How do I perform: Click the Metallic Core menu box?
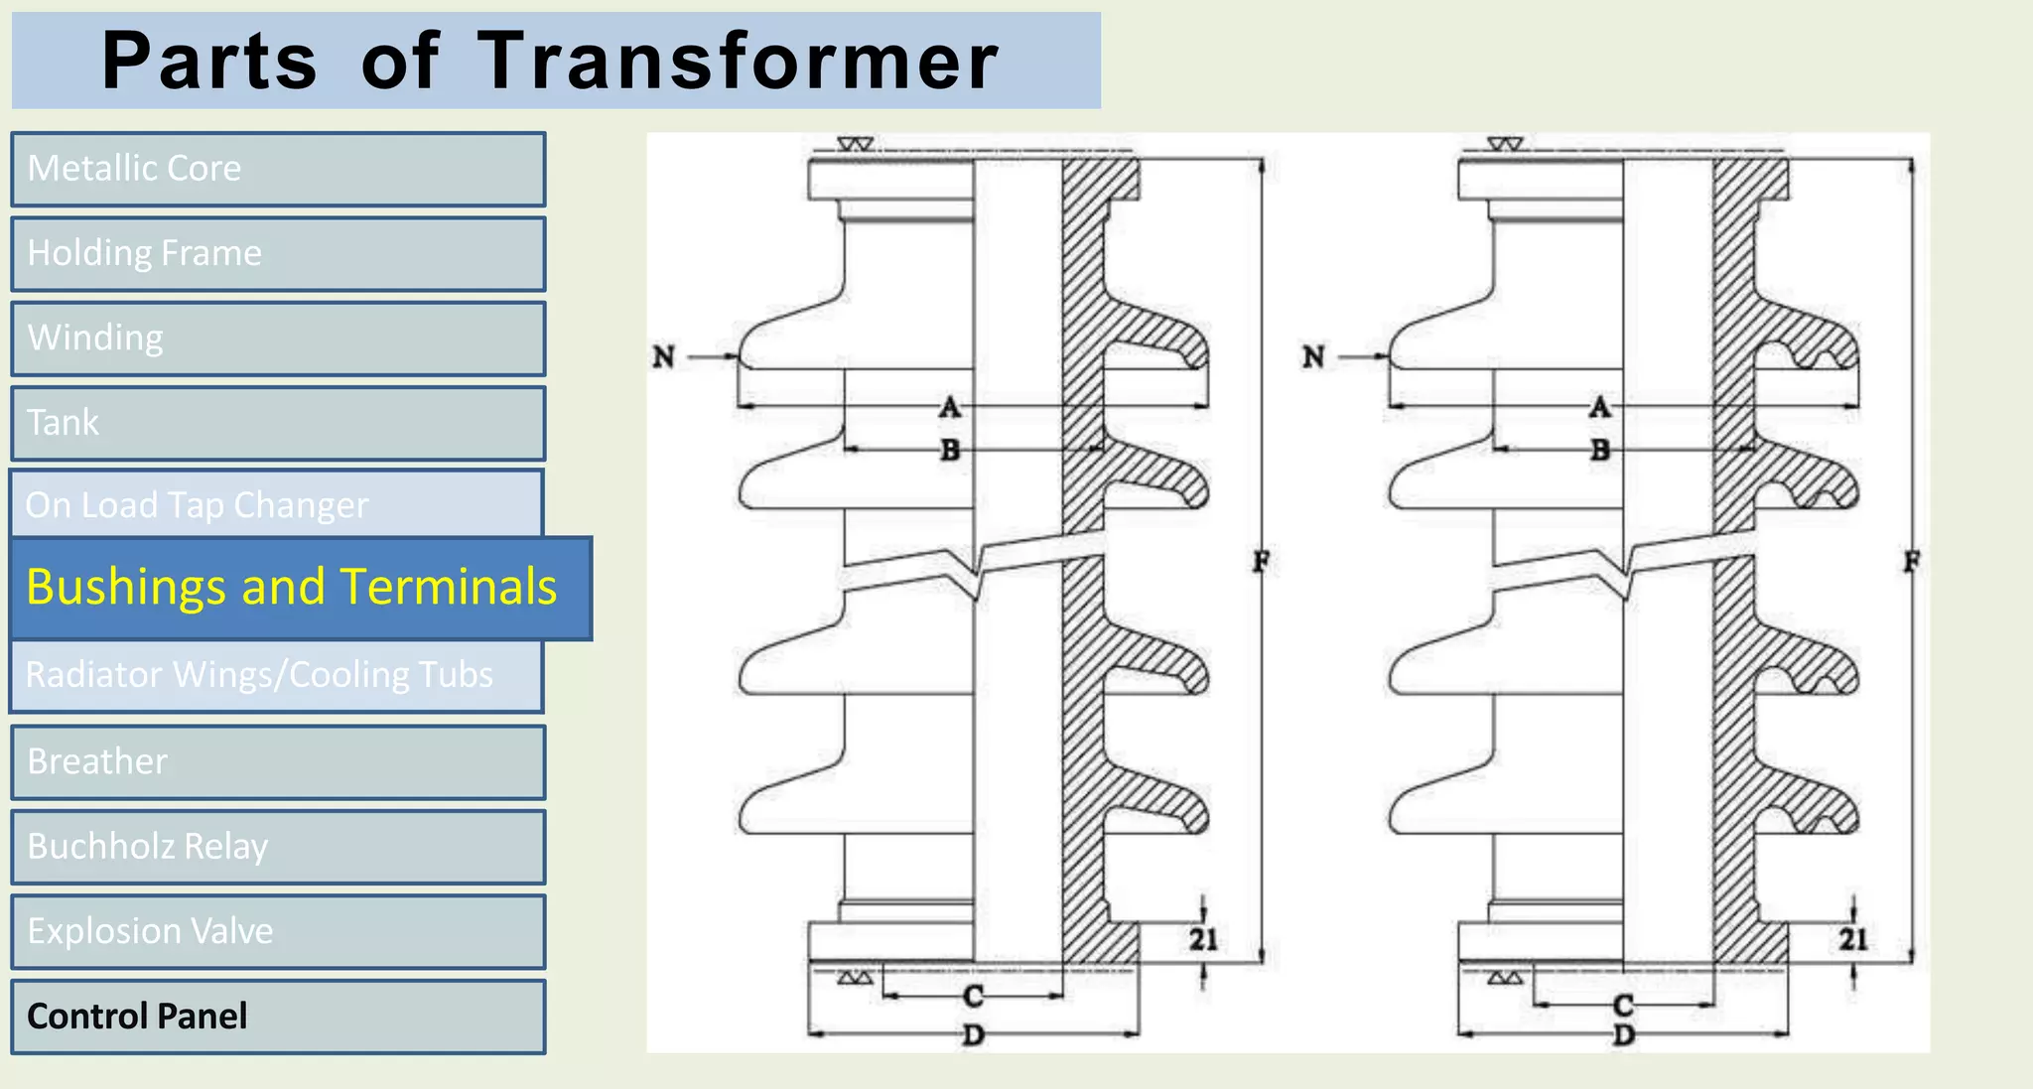click(278, 169)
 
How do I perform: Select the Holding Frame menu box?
click(278, 254)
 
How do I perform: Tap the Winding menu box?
click(278, 339)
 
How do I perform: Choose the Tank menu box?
click(278, 423)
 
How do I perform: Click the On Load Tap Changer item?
click(276, 503)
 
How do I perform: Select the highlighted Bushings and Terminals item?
click(300, 588)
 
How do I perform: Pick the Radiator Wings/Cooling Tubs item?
click(276, 676)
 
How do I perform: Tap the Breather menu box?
click(278, 761)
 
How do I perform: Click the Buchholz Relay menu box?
click(278, 847)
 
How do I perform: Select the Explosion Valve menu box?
click(278, 931)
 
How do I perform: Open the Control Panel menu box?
click(278, 1017)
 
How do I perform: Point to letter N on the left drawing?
click(663, 356)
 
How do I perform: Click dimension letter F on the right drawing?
click(1911, 562)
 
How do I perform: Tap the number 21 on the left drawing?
click(1203, 939)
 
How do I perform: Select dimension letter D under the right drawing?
click(1623, 1035)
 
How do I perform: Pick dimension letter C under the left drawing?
click(973, 996)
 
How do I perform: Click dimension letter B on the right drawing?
click(1600, 450)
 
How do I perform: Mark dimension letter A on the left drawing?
click(950, 407)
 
